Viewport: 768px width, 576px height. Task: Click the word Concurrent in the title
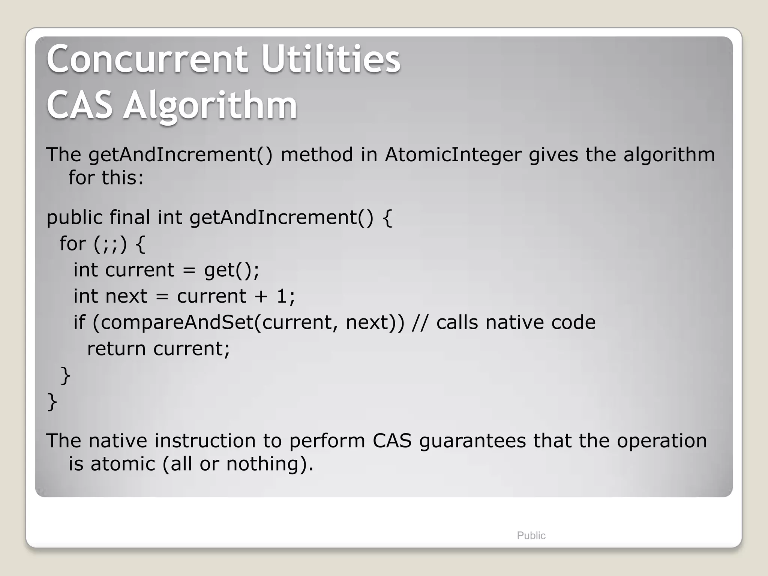147,59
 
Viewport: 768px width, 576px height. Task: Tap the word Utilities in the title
331,59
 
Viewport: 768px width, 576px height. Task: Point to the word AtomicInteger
453,154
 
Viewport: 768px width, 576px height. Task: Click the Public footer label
531,535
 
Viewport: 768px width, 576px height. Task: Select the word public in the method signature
74,217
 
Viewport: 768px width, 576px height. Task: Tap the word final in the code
130,217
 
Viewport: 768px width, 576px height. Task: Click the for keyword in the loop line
73,244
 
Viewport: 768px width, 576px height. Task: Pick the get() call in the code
231,270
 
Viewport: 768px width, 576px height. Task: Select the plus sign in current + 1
261,296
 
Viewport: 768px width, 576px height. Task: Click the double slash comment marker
420,322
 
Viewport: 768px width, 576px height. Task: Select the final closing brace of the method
52,402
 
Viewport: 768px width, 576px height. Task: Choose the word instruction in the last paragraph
205,441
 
